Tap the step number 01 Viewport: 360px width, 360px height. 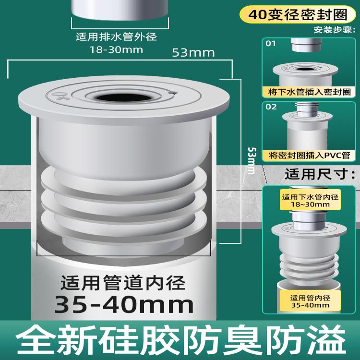271,44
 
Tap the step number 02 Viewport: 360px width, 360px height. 271,107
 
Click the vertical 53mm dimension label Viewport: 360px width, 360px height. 250,160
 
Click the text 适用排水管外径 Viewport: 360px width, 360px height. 117,37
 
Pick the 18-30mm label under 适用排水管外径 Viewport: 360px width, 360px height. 117,49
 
